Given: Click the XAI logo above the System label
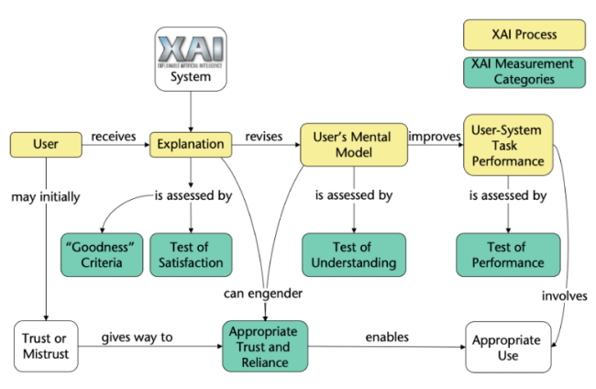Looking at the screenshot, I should [x=189, y=49].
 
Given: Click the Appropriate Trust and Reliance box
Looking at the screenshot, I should [x=264, y=345].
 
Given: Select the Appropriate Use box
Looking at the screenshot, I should [x=507, y=345].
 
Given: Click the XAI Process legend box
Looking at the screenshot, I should [x=524, y=36].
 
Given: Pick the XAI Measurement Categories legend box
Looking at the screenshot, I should [x=524, y=72].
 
